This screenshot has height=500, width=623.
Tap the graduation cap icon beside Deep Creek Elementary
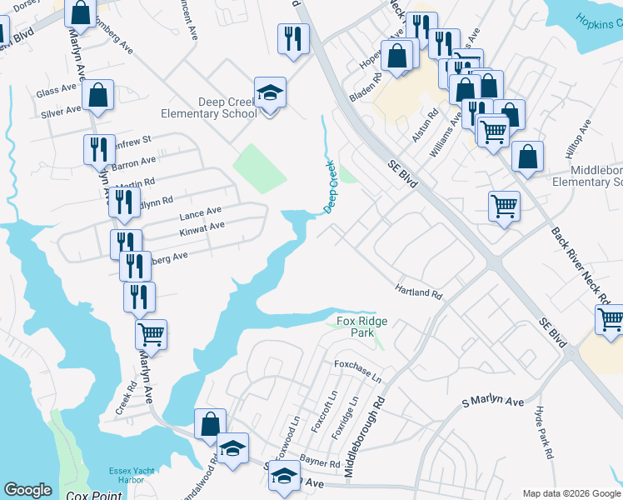click(270, 94)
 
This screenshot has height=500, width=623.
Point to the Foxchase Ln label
click(357, 371)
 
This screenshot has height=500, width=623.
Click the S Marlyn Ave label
click(493, 402)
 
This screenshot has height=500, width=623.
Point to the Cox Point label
click(93, 496)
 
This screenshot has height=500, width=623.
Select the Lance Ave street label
click(200, 212)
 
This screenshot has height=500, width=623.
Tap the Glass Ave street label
click(52, 92)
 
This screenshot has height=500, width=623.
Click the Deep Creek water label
click(330, 186)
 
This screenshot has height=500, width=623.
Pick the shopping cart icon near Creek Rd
click(151, 334)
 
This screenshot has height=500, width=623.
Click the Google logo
click(27, 490)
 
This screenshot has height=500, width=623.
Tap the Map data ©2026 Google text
click(571, 492)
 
